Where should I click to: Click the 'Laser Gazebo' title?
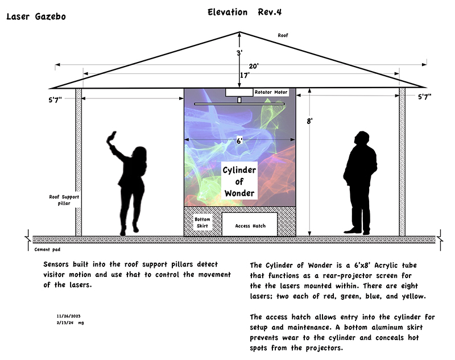(x=36, y=16)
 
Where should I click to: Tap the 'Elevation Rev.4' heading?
(x=245, y=12)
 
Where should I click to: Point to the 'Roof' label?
(x=283, y=35)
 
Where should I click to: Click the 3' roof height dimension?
(x=239, y=53)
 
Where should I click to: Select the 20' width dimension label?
(x=253, y=66)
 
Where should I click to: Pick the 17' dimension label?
(x=245, y=76)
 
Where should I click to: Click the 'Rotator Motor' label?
(x=271, y=92)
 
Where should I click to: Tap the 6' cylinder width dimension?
(x=239, y=141)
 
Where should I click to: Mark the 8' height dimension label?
(x=309, y=121)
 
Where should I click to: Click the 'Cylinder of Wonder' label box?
(x=239, y=181)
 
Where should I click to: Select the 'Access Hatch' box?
(x=250, y=224)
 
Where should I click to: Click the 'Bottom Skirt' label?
(x=202, y=222)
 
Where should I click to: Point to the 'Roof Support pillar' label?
(x=64, y=200)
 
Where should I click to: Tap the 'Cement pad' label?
(x=47, y=250)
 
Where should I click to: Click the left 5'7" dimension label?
(x=55, y=100)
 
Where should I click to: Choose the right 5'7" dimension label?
(x=424, y=97)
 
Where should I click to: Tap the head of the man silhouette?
(x=362, y=138)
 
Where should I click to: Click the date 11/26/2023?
(x=68, y=316)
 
